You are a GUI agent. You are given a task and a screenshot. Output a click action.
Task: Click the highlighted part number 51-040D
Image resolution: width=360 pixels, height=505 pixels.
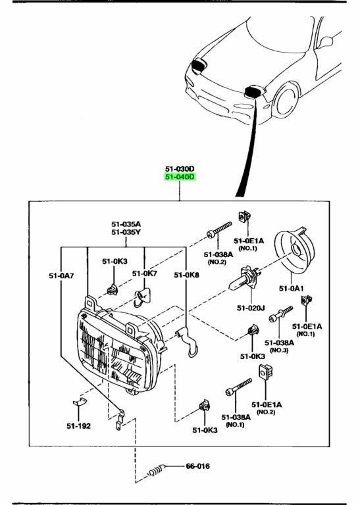(x=180, y=177)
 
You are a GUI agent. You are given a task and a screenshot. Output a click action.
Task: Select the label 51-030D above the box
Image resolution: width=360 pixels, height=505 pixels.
(x=180, y=169)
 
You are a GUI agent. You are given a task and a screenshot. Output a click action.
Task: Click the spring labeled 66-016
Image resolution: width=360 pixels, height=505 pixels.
(x=157, y=471)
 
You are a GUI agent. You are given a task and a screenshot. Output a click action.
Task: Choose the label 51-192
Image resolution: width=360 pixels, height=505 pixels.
(x=78, y=426)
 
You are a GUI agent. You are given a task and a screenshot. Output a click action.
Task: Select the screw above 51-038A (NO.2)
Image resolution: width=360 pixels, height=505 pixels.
(x=219, y=229)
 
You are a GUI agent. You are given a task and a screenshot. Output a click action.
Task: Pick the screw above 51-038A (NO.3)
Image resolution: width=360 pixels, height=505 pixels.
(x=280, y=314)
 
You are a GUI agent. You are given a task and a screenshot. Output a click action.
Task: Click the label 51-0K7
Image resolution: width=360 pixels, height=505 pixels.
(x=144, y=274)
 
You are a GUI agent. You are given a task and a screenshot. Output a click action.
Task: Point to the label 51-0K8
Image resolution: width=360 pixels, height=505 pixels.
(x=187, y=275)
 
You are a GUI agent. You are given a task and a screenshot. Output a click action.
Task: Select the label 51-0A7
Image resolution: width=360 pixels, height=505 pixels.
(x=61, y=276)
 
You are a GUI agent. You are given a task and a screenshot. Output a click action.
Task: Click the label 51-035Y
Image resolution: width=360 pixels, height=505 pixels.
(x=126, y=232)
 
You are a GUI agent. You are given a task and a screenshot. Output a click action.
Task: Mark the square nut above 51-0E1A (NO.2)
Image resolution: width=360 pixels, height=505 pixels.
(x=265, y=372)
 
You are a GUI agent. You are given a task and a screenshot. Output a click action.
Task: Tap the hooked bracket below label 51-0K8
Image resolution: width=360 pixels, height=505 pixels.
(x=188, y=341)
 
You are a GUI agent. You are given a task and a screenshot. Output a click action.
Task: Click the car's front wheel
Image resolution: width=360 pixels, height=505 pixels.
(x=286, y=99)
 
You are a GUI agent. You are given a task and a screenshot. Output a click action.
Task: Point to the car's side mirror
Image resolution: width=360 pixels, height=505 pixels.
(x=326, y=43)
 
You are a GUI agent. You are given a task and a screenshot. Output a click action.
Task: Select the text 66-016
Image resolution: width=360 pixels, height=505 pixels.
(x=197, y=466)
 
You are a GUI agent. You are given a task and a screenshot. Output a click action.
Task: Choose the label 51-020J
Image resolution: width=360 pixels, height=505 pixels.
(x=251, y=308)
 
